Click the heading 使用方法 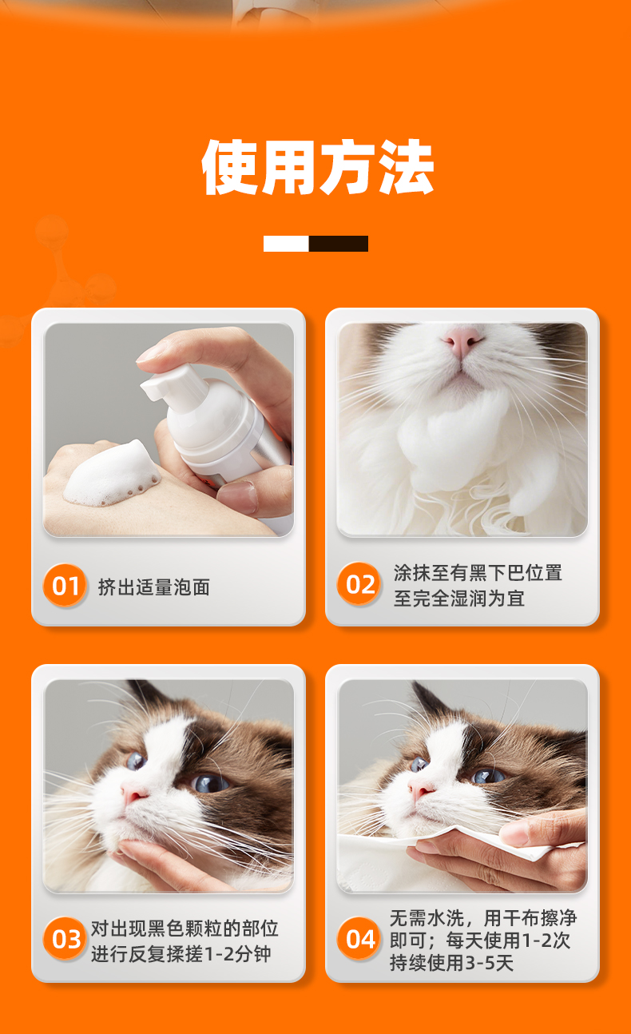(317, 167)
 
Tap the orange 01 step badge (65, 585)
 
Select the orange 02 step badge (359, 584)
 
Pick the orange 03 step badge (65, 938)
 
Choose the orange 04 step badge (359, 938)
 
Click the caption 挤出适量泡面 (154, 587)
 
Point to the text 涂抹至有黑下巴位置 (478, 573)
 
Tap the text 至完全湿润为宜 (459, 599)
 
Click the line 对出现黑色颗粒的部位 (185, 929)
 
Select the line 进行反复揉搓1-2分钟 (181, 953)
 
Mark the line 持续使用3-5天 (451, 962)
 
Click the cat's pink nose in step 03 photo (133, 793)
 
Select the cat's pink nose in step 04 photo (421, 791)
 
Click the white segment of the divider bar (286, 244)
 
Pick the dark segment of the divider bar (339, 244)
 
